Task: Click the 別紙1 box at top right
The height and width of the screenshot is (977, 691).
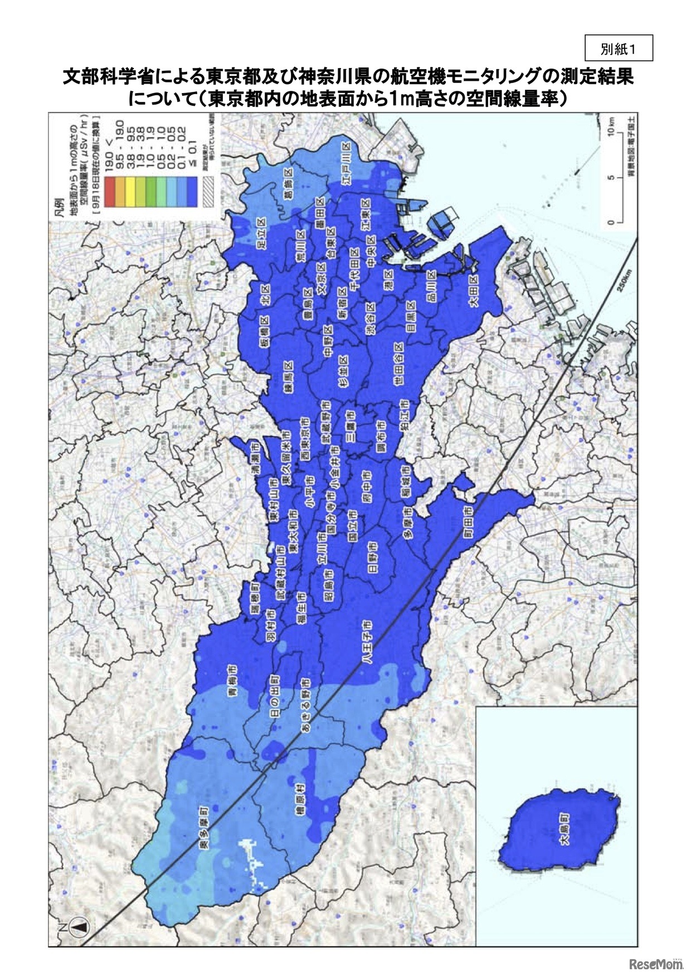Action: click(x=618, y=49)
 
